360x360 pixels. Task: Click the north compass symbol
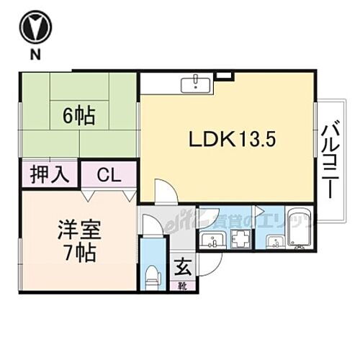[35, 28]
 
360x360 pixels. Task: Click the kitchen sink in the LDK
[195, 84]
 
